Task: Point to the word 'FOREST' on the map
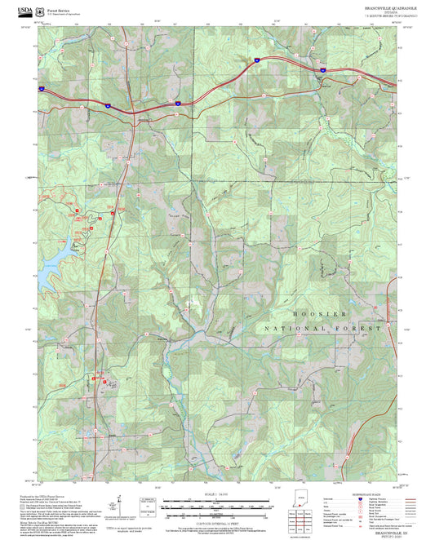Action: (363, 328)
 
